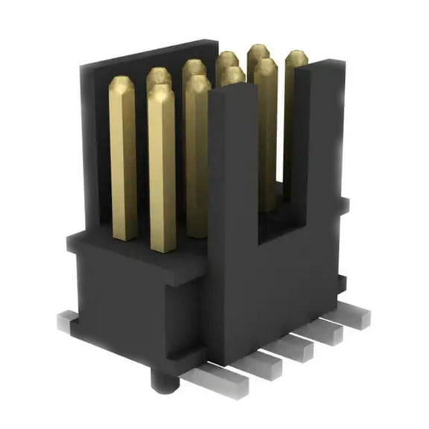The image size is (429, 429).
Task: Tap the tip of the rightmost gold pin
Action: point(296,56)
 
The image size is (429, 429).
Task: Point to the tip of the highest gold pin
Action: point(258,49)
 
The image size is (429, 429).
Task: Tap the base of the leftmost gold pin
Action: point(124,235)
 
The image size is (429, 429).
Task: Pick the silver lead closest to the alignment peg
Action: point(223,378)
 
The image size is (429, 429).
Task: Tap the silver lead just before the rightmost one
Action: point(326,331)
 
